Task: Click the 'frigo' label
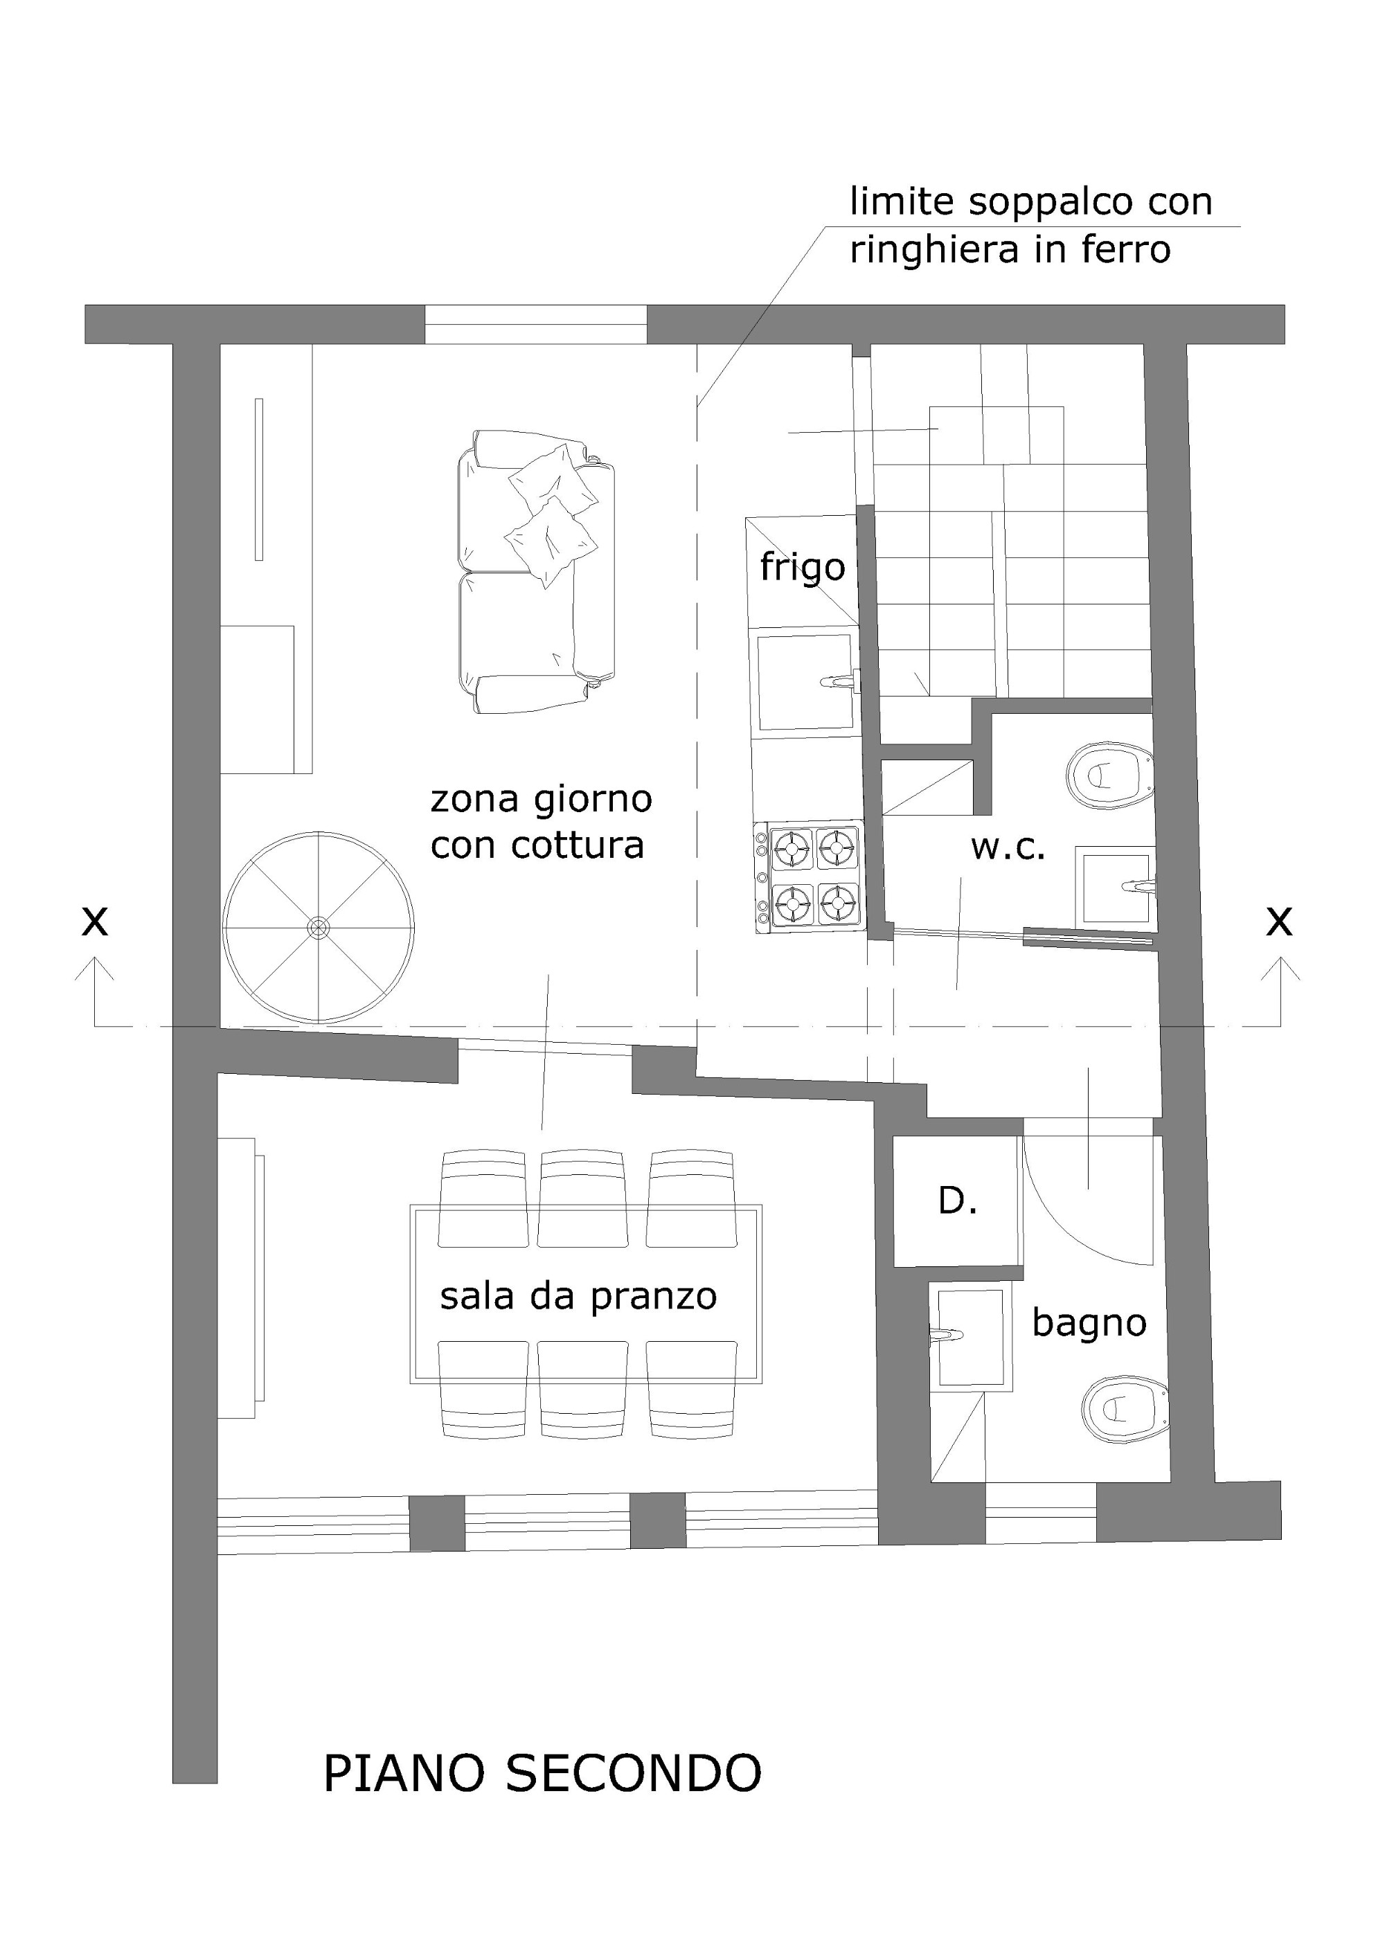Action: [x=803, y=567]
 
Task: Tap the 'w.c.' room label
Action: [x=1008, y=847]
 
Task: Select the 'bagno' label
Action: [x=1089, y=1324]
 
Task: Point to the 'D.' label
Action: [x=957, y=1201]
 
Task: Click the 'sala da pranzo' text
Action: [x=578, y=1297]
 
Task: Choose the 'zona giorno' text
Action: [x=542, y=800]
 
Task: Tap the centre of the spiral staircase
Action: [x=318, y=927]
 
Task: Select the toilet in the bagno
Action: [x=1125, y=1409]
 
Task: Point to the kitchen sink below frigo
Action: [x=806, y=681]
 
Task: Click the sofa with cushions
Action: [x=535, y=571]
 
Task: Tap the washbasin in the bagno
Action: [x=970, y=1336]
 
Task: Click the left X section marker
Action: [x=95, y=922]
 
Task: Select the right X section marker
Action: [x=1279, y=922]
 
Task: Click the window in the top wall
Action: [x=535, y=324]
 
